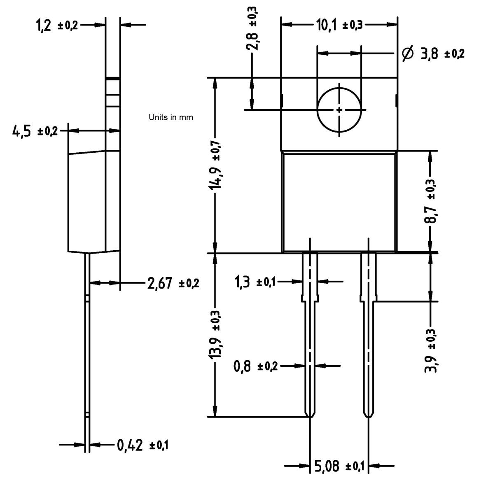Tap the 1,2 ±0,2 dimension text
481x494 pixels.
click(57, 26)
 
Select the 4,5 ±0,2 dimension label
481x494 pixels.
click(35, 131)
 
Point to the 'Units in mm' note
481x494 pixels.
click(170, 117)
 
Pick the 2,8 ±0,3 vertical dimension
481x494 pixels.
click(252, 28)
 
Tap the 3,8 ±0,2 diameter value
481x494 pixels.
click(442, 54)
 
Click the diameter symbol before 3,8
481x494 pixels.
click(407, 54)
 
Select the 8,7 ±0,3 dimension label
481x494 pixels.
click(431, 202)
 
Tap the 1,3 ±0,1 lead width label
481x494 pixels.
click(254, 282)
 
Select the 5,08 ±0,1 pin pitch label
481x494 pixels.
click(339, 466)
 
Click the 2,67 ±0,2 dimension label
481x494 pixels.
click(173, 283)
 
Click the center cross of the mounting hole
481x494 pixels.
click(339, 110)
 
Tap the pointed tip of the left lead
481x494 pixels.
click(310, 417)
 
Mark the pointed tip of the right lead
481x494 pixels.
click(369, 417)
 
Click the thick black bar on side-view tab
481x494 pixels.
click(113, 78)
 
